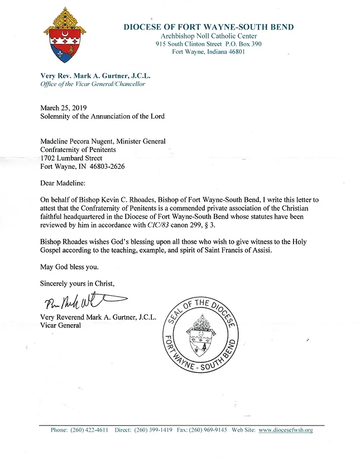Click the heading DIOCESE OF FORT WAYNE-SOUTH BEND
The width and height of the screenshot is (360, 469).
208,27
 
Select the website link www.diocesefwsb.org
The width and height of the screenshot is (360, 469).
285,430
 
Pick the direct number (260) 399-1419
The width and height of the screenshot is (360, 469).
151,430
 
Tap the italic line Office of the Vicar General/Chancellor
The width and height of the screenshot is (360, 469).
93,84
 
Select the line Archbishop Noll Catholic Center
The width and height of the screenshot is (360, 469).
208,36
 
